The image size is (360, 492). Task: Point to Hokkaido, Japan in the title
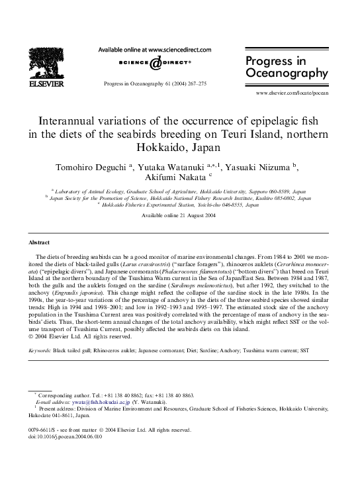click(x=180, y=147)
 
